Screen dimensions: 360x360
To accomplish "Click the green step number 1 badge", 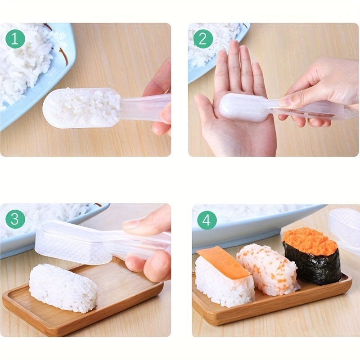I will [x=15, y=39].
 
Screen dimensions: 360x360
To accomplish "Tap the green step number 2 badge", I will [x=203, y=39].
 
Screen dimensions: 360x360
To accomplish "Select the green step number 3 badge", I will [x=15, y=219].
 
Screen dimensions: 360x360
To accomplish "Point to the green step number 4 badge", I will [x=207, y=220].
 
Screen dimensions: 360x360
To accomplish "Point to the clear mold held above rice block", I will [x=74, y=243].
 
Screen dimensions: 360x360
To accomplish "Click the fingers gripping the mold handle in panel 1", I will [x=160, y=103].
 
